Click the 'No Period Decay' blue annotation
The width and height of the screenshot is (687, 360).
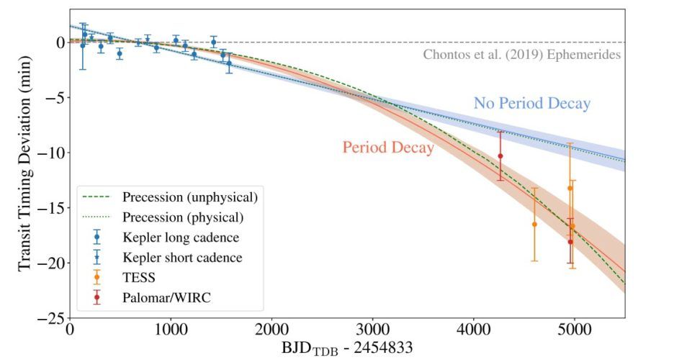(531, 104)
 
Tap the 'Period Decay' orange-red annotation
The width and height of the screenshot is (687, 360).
(387, 148)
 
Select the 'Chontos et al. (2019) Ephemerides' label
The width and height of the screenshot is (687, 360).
(521, 55)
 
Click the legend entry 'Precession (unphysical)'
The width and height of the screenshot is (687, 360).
(189, 197)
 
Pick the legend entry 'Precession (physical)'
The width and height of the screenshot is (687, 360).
(182, 217)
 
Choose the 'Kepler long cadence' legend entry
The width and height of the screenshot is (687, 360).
(180, 237)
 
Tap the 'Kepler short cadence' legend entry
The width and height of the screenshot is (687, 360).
(181, 257)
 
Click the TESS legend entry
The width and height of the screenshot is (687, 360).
(140, 277)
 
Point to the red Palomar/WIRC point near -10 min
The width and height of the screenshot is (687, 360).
(500, 156)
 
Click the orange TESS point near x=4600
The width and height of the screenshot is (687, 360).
(534, 224)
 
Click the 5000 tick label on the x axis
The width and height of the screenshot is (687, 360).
(574, 330)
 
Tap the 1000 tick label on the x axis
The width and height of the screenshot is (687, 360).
(171, 330)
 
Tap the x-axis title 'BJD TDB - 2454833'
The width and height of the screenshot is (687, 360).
(348, 348)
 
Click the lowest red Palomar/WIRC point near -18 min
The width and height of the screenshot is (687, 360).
(570, 242)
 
